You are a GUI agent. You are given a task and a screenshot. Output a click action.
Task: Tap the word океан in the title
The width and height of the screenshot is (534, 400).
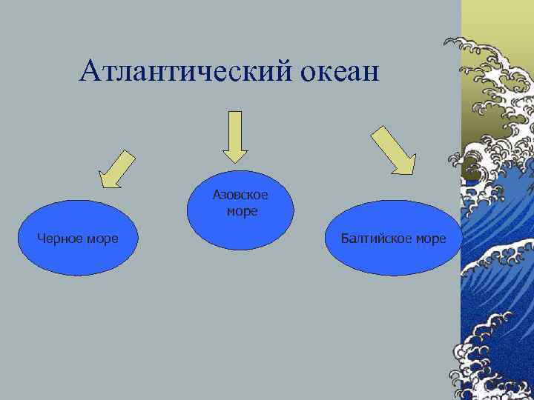pos(340,72)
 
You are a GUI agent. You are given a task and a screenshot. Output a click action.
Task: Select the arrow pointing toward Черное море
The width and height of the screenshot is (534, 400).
pos(116,169)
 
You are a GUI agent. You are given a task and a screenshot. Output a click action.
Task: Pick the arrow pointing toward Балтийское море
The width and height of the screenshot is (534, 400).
pos(393,150)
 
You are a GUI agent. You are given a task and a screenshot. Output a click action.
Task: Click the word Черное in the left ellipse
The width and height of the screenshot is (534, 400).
pos(59,239)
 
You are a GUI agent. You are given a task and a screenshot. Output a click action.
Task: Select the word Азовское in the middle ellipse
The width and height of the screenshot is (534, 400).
pos(240,196)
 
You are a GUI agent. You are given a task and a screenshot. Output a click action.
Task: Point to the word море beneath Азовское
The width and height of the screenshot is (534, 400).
pos(242,211)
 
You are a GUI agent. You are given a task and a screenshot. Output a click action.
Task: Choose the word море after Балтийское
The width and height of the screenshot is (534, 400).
pos(431,239)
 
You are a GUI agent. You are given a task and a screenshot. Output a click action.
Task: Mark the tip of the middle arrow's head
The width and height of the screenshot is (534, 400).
pos(235,161)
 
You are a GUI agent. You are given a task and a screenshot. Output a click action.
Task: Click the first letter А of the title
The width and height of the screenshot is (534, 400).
pos(90,71)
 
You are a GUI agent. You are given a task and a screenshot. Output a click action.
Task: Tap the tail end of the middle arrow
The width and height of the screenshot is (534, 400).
pos(235,113)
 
